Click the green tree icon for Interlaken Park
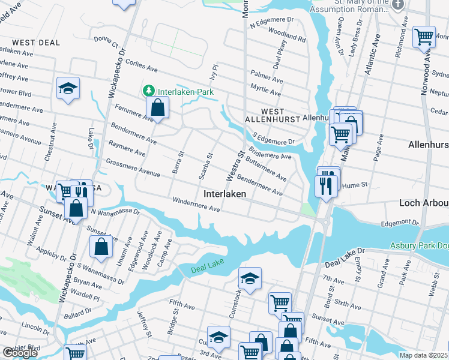[148, 92]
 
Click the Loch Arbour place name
[424, 203]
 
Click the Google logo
[20, 353]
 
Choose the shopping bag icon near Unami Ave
[101, 245]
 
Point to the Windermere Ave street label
[196, 204]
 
